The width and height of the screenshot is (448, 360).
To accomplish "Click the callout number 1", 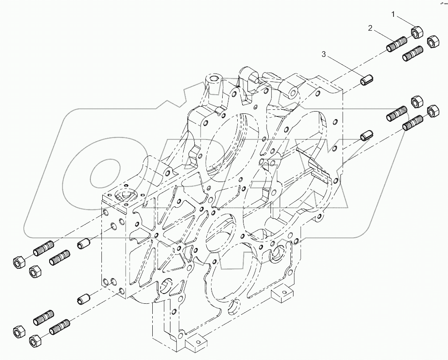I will (393, 15).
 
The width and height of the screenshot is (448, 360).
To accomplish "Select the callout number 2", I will (370, 28).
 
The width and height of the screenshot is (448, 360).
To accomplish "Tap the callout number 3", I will (324, 54).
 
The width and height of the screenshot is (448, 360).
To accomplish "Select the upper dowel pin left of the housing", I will (84, 243).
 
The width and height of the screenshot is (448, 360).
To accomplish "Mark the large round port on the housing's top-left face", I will (123, 195).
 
